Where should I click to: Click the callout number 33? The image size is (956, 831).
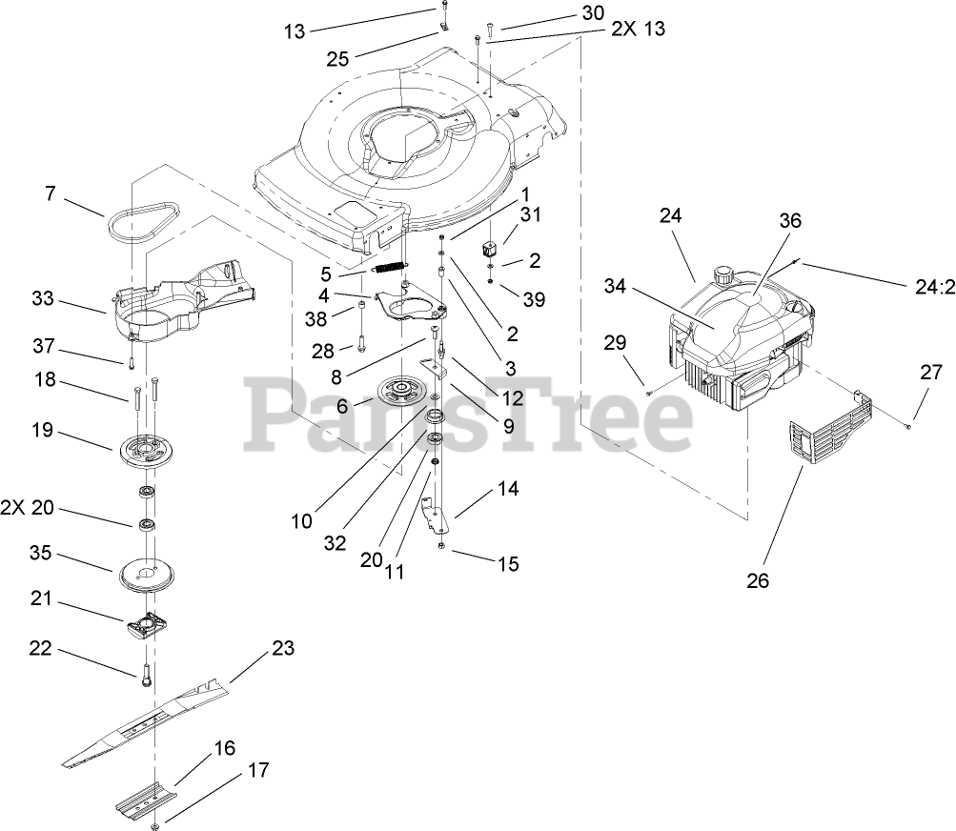(x=43, y=299)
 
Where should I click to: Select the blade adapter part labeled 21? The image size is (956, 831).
(x=148, y=624)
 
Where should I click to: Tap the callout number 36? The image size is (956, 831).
(x=790, y=220)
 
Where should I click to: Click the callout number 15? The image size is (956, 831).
(x=508, y=564)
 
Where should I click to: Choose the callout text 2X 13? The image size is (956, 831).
(x=638, y=29)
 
